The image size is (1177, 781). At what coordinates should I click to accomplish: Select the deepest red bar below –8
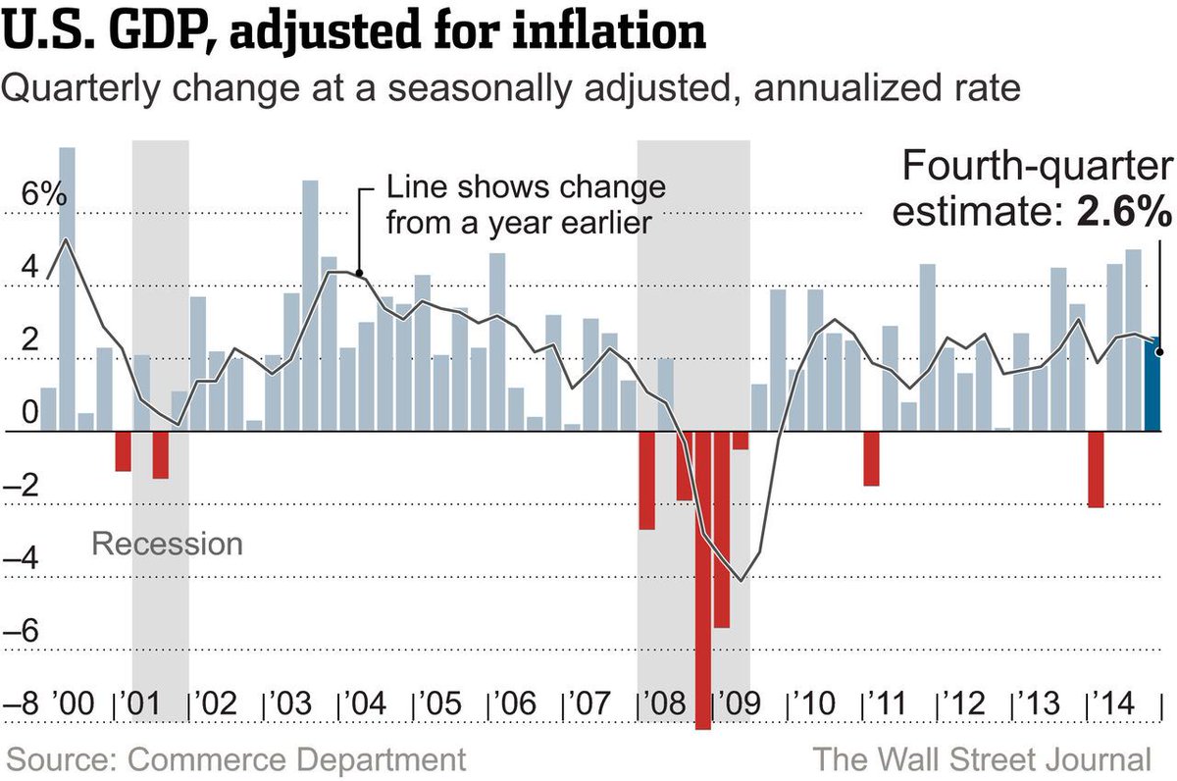[702, 579]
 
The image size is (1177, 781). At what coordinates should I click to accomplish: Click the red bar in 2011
[871, 458]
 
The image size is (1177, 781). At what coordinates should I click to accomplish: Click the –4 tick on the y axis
[29, 560]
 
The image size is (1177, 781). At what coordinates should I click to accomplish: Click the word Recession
[167, 543]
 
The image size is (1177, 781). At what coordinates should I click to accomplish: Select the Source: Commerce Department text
[235, 759]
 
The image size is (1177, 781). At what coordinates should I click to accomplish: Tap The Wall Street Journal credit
[981, 759]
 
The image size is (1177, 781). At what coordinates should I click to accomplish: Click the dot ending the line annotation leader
[359, 274]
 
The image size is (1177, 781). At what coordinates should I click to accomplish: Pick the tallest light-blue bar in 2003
[310, 305]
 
